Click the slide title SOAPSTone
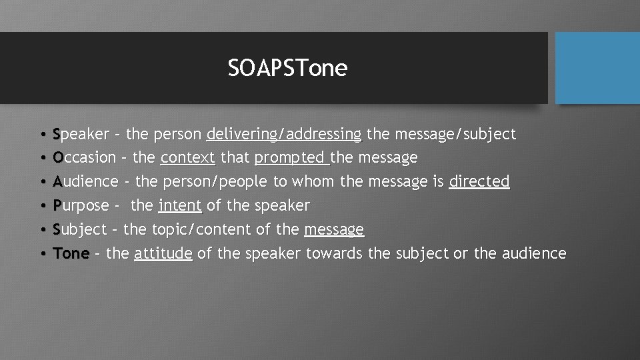pos(287,68)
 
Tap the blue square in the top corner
pos(597,68)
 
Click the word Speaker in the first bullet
pos(81,135)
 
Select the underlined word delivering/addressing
pos(284,135)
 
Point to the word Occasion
pos(84,158)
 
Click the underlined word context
pos(187,158)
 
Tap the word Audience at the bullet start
pos(85,181)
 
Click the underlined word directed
pos(479,181)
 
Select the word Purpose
pos(81,205)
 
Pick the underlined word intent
pos(180,205)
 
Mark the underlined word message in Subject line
pos(334,229)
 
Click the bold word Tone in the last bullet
pos(71,253)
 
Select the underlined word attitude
pos(163,253)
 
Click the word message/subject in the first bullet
pos(455,135)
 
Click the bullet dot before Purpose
pos(42,206)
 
